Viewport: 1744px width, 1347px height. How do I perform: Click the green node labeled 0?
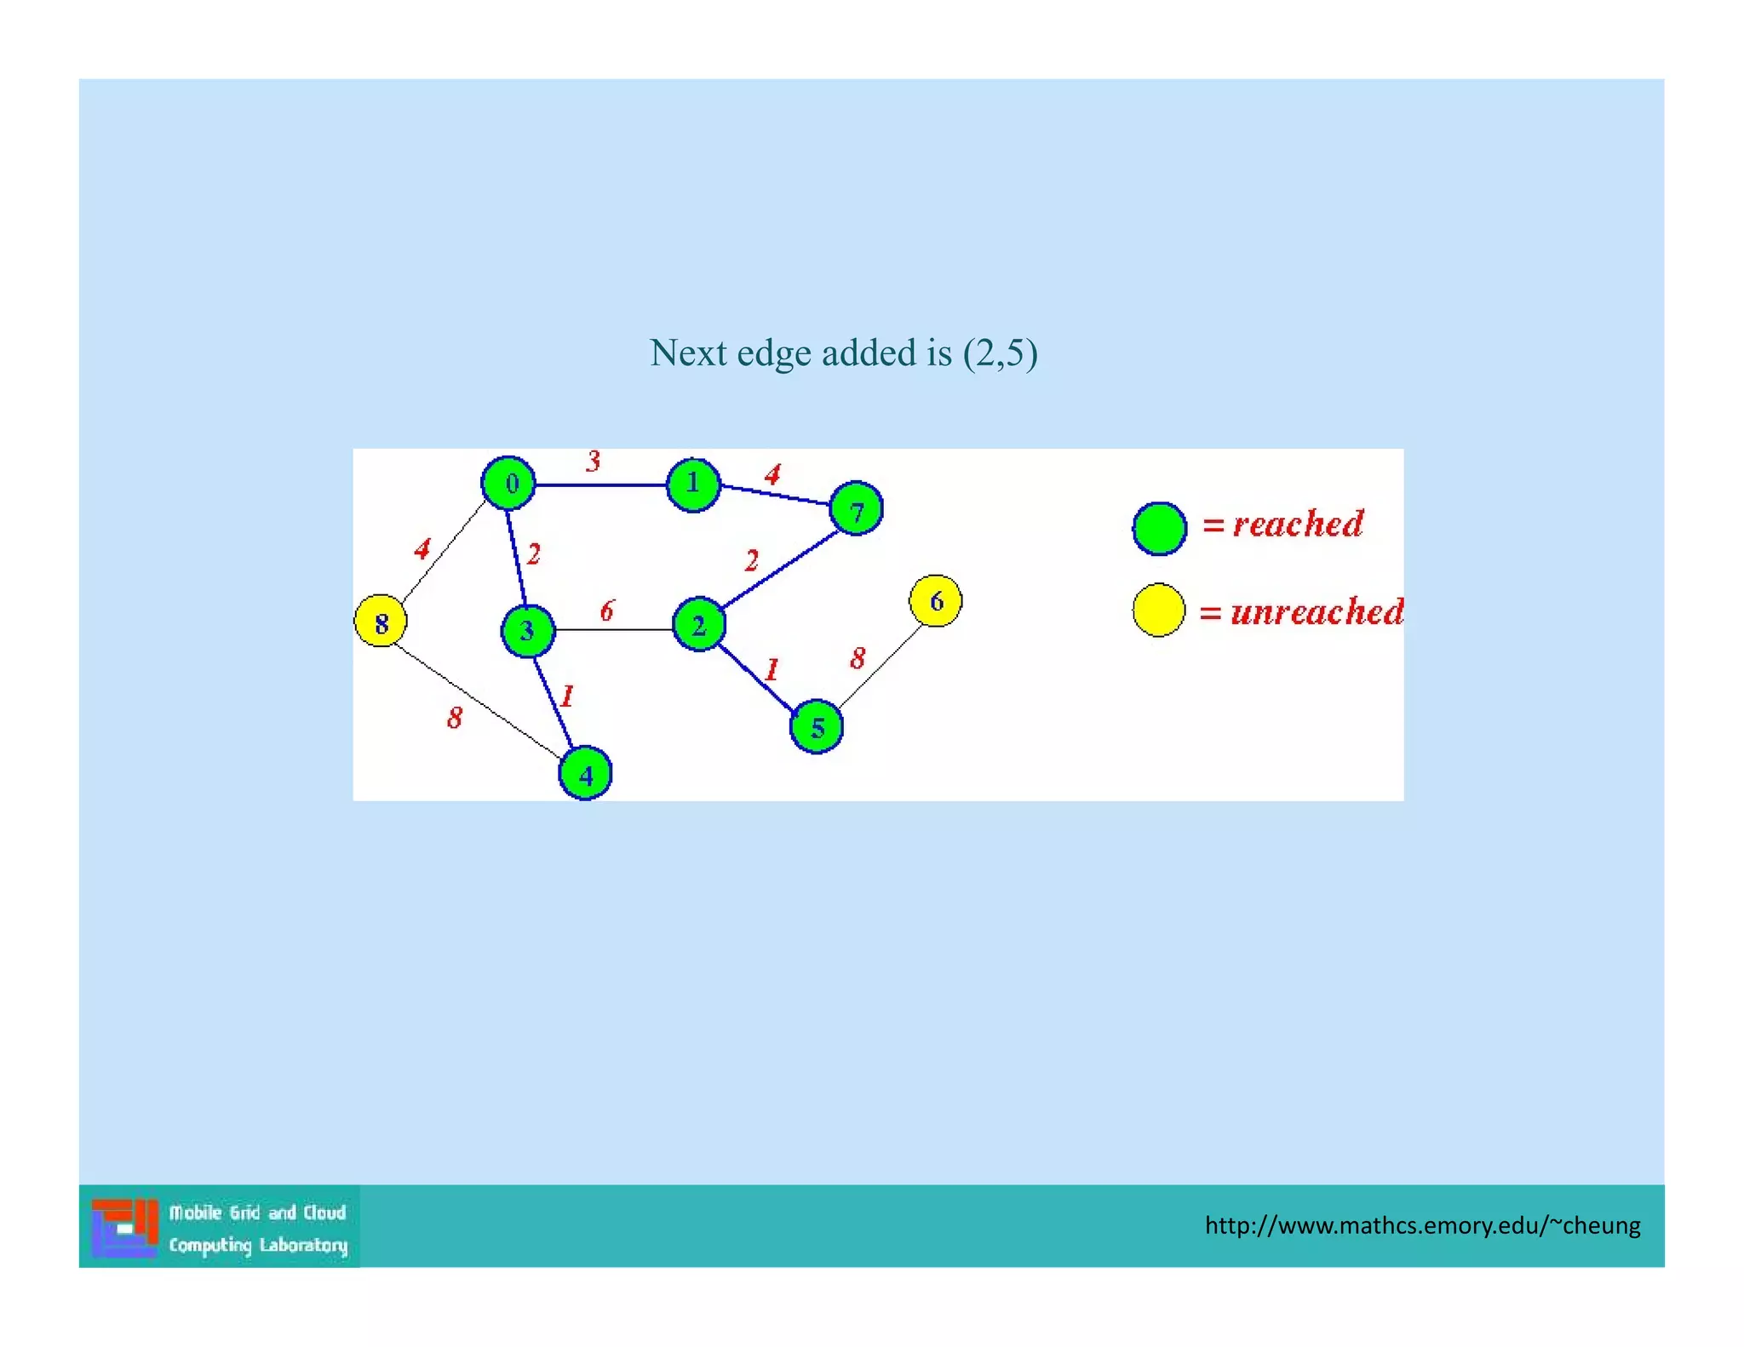(x=508, y=484)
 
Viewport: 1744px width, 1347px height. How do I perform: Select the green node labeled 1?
(x=693, y=484)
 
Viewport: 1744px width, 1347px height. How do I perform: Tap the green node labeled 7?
(x=856, y=509)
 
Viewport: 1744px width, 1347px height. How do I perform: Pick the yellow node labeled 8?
(x=381, y=622)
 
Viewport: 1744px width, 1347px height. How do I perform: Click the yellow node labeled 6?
(x=936, y=601)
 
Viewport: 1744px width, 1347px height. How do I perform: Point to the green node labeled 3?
(x=528, y=631)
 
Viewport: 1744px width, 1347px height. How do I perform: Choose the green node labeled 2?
(x=699, y=625)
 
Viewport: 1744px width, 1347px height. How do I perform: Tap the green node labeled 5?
(x=817, y=727)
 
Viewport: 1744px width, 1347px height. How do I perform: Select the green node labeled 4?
(x=585, y=774)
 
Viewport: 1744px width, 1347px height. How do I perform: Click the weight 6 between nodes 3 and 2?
(x=607, y=610)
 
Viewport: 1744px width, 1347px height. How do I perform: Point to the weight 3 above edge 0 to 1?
(x=594, y=461)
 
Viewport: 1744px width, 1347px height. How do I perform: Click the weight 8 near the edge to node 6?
(x=858, y=658)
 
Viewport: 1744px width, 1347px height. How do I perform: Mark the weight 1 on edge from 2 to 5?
(x=772, y=669)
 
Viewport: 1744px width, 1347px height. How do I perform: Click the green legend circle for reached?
(x=1160, y=529)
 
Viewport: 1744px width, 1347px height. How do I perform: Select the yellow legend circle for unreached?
(x=1159, y=610)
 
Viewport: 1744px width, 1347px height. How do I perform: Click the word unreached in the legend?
(x=1317, y=612)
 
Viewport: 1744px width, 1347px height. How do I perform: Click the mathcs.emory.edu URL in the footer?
(x=1421, y=1225)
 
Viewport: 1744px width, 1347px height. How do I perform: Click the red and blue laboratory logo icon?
(x=125, y=1228)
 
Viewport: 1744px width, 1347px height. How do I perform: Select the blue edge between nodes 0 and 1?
(x=600, y=485)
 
